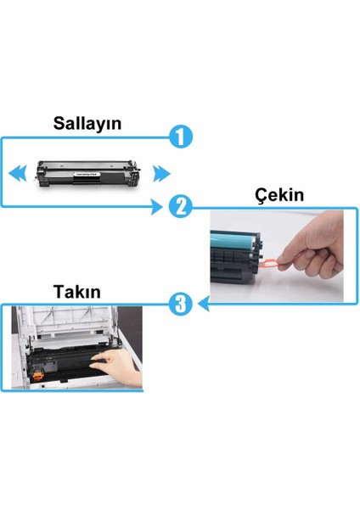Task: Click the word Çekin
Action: [279, 195]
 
